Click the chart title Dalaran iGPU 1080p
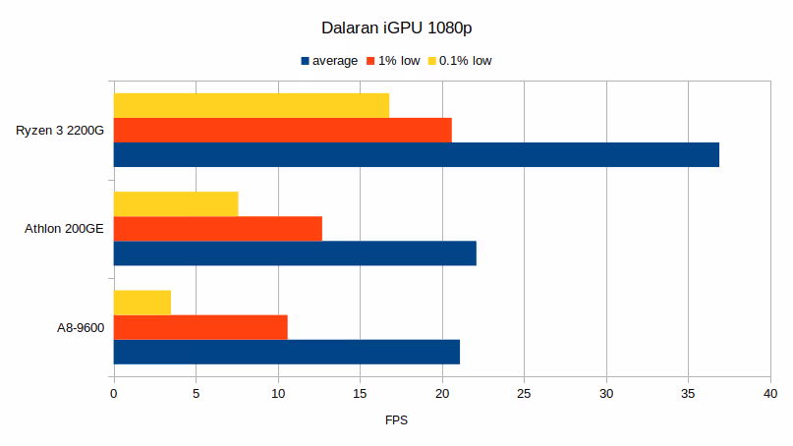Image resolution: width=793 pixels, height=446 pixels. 396,28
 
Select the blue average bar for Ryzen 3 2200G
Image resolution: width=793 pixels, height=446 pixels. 416,155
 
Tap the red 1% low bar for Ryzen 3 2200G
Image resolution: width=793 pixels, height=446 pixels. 282,130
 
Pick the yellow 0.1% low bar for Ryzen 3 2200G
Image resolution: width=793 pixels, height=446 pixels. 251,105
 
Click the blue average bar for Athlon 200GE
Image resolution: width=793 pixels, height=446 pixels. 295,253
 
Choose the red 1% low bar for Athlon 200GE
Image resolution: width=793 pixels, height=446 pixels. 217,229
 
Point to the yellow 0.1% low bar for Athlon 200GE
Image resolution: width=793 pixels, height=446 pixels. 176,203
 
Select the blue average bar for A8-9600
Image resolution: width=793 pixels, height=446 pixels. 286,352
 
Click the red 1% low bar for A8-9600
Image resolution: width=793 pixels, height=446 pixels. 200,327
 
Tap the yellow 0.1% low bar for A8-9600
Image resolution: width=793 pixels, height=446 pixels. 142,303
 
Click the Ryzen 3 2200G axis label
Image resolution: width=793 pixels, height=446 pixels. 60,131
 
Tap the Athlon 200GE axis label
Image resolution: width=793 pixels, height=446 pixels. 64,229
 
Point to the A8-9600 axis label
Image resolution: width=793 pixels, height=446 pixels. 80,327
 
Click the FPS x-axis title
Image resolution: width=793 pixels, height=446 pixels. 396,420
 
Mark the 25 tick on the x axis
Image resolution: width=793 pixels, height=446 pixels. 524,394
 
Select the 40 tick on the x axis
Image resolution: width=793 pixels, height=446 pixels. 770,394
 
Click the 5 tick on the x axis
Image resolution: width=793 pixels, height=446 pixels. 196,394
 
